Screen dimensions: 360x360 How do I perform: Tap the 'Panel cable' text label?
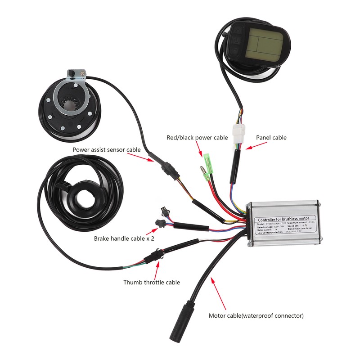[x=271, y=138]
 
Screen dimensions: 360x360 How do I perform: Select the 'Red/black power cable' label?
[x=197, y=138]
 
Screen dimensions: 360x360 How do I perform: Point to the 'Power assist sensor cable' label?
[x=107, y=149]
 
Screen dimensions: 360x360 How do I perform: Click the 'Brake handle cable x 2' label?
[x=124, y=238]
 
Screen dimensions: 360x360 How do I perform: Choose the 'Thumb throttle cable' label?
[x=152, y=282]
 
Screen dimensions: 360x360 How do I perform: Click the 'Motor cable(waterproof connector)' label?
[x=256, y=315]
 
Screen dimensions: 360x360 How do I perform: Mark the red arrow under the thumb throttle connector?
[x=157, y=270]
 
